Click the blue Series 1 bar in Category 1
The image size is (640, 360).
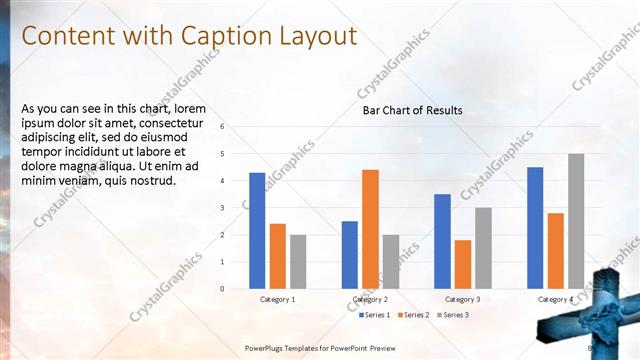tap(257, 231)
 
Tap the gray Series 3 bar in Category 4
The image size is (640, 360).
tap(576, 221)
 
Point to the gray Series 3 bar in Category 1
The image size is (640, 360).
tap(299, 262)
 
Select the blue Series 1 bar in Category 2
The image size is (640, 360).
tap(349, 255)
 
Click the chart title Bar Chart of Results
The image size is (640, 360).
tap(412, 110)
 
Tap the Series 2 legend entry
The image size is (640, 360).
tap(412, 315)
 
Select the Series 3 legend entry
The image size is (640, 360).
tap(451, 315)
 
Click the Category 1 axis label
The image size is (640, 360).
tap(277, 299)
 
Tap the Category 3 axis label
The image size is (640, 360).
tap(462, 299)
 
